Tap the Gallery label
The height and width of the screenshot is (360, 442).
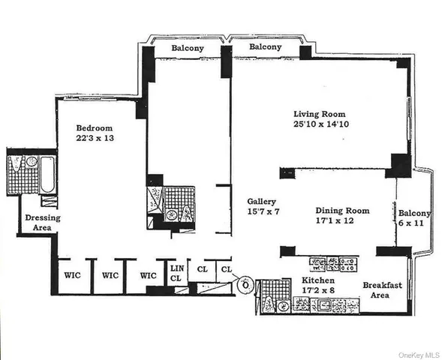263,202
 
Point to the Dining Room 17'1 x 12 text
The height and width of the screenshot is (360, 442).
343,216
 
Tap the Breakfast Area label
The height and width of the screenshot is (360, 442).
383,290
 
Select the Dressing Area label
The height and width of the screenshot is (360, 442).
42,223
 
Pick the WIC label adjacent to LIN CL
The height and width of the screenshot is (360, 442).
148,274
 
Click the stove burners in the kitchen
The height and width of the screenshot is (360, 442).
333,264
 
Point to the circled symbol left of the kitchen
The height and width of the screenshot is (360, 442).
243,284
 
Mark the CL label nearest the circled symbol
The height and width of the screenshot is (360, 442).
225,268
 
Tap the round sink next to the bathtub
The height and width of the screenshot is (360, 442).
31,161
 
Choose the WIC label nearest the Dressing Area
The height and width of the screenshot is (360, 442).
72,274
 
